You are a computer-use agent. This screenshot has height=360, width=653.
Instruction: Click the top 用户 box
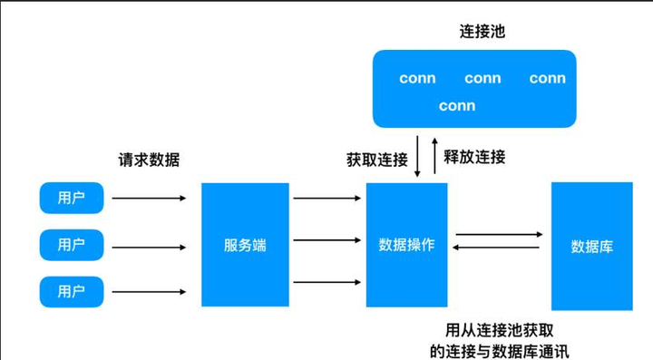click(x=72, y=198)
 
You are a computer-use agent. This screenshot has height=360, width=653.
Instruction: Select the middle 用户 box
click(x=72, y=245)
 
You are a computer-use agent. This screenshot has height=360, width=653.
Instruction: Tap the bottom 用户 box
click(x=72, y=291)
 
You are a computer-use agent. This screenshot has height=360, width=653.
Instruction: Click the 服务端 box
click(x=245, y=245)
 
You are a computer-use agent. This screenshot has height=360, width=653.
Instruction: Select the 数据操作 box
click(x=406, y=245)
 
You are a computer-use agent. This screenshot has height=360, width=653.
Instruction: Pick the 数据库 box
click(x=591, y=246)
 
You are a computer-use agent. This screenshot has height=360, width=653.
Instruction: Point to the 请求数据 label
click(x=149, y=160)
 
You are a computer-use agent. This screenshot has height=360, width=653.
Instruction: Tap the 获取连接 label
click(x=376, y=160)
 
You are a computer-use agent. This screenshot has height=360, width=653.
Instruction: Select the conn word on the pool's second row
click(x=457, y=106)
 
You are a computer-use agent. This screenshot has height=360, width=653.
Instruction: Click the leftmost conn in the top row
click(x=417, y=79)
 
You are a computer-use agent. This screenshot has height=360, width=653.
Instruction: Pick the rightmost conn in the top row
click(x=548, y=79)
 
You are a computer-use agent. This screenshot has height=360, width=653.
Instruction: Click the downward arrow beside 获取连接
click(x=417, y=156)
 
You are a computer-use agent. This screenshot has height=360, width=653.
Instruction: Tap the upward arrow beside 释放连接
click(x=434, y=156)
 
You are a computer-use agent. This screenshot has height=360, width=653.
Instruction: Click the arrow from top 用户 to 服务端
click(x=149, y=198)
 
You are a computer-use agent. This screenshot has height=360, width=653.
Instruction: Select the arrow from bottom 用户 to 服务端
click(x=149, y=291)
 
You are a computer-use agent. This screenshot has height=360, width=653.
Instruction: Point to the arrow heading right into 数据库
click(x=498, y=235)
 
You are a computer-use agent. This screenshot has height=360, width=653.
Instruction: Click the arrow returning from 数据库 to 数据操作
click(x=498, y=248)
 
